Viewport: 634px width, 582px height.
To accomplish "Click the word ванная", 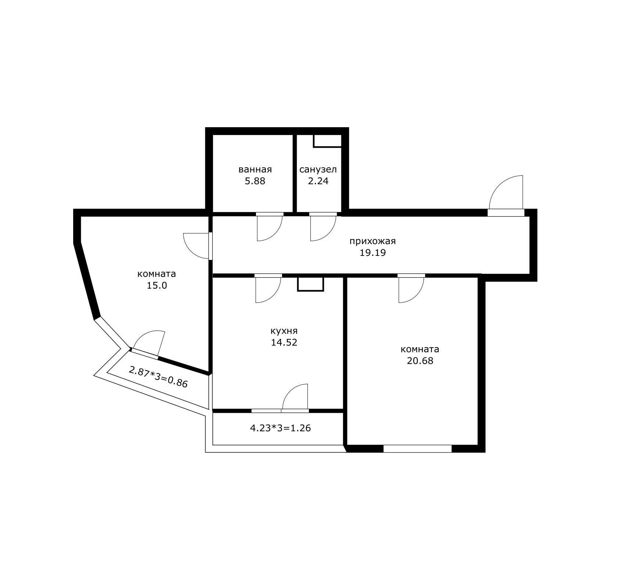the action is point(255,169).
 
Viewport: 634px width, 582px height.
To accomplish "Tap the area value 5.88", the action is point(255,181).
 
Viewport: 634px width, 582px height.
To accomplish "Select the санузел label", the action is point(318,169).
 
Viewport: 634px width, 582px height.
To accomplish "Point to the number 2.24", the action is point(318,181).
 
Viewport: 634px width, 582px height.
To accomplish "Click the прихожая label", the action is point(373,242).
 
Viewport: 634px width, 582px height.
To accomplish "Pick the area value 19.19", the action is point(373,253).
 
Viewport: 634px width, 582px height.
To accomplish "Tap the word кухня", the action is point(284,331).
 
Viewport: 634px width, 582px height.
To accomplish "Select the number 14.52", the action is point(284,343).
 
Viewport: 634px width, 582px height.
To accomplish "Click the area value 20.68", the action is point(420,361).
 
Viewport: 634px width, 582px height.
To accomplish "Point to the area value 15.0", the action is point(157,285).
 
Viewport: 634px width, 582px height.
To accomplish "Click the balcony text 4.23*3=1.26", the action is point(280,428).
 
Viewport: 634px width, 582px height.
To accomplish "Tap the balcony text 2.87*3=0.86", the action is point(158,377).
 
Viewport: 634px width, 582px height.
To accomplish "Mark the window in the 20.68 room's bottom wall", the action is point(417,449).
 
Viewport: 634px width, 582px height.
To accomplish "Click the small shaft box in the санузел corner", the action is point(327,141).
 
